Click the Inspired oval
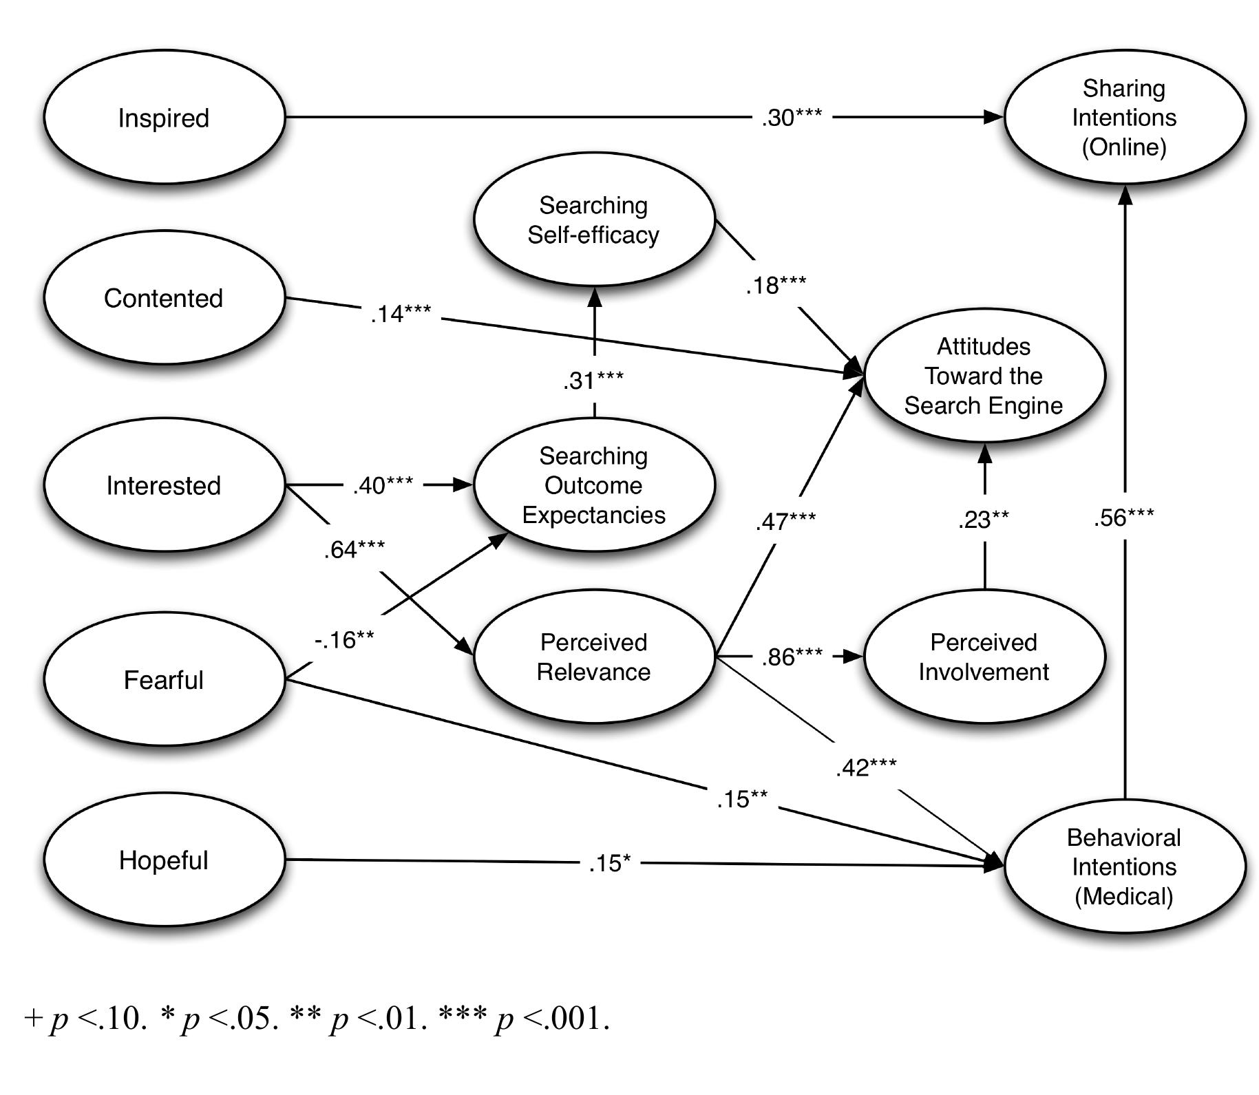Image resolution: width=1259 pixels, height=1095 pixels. point(164,117)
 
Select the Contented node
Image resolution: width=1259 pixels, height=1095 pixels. point(164,297)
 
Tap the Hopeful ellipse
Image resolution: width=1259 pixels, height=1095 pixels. point(164,860)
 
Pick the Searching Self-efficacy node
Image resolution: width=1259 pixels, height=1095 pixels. point(593,220)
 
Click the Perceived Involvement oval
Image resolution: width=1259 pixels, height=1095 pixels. point(984,657)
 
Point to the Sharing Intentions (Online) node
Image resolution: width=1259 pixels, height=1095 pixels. point(1124,117)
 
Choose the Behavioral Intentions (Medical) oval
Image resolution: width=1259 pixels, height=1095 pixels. point(1124,866)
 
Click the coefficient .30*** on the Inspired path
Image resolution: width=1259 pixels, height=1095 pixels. point(792,118)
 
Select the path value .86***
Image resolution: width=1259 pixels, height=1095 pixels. point(792,657)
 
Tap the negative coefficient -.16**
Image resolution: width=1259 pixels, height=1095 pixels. point(344,640)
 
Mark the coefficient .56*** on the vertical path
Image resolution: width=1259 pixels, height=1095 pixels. point(1123,518)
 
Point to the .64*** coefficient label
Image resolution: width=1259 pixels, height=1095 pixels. point(355,549)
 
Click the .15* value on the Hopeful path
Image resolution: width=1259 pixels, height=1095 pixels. point(610,863)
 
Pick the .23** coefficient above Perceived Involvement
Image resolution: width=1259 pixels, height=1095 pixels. point(984,520)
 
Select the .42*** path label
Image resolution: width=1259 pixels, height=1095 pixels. point(866,767)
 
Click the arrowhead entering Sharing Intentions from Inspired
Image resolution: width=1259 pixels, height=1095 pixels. point(994,117)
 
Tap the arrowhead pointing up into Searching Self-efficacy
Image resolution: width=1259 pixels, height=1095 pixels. point(594,297)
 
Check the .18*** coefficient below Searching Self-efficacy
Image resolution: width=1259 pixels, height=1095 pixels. point(776,285)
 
